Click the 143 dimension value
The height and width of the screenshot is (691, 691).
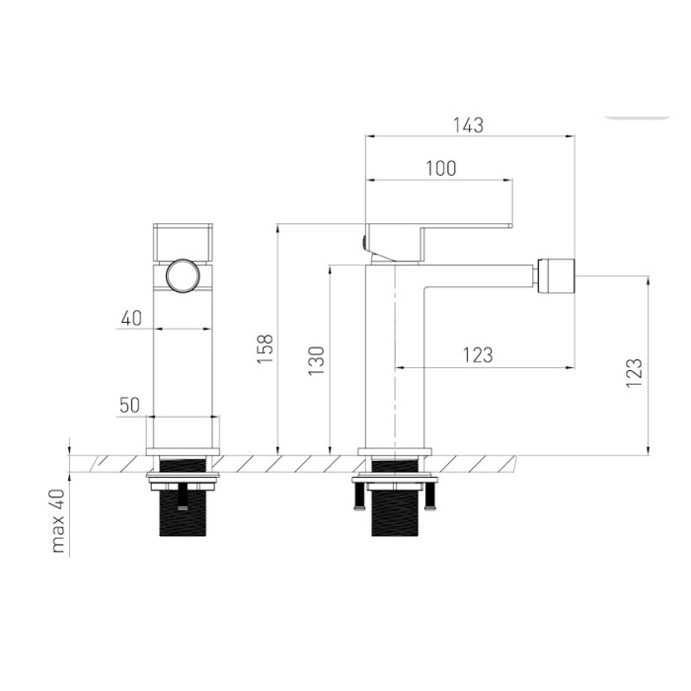pos(469,125)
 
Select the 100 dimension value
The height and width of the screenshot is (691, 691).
pos(441,169)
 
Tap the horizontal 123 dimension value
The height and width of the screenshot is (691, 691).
pos(478,355)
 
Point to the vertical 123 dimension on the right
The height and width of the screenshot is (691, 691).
pos(635,373)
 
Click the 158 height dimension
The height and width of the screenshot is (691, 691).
pos(266,349)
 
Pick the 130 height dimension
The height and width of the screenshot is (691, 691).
pos(316,361)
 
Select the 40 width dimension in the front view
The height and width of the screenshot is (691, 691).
pos(131,318)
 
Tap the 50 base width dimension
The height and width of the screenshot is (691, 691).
pos(129,405)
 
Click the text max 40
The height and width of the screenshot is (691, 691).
pos(58,521)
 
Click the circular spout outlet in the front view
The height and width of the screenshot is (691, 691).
pos(183,275)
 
